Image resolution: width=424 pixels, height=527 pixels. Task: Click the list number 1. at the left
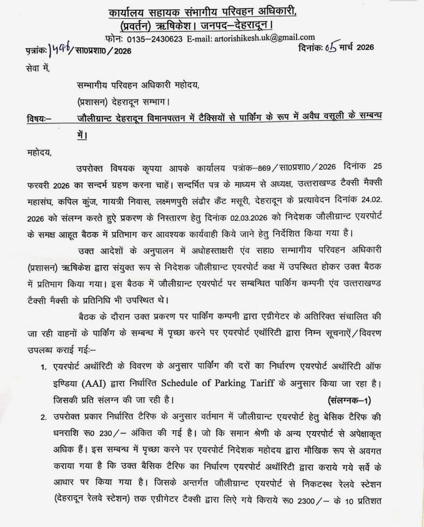(44, 368)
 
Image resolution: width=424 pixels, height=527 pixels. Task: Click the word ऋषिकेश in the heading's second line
(191, 25)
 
